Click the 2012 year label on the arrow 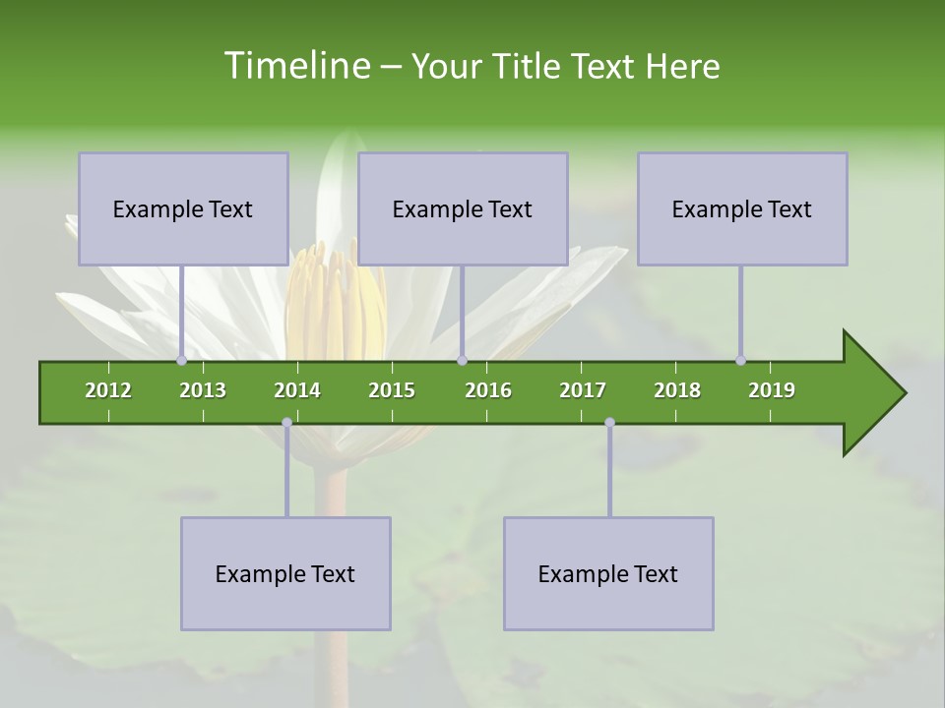(x=108, y=390)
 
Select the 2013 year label (x=203, y=390)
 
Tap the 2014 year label (x=297, y=390)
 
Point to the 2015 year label (x=392, y=390)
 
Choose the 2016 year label (x=488, y=390)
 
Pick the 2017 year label (x=583, y=390)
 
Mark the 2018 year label (x=677, y=390)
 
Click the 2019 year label (x=772, y=390)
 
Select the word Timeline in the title (x=294, y=66)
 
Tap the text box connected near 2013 (x=183, y=208)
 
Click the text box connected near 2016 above (x=463, y=208)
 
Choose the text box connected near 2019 (x=742, y=208)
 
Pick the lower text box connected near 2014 (x=285, y=573)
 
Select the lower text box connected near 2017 (x=608, y=573)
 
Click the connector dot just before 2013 (x=181, y=360)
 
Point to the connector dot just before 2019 (x=740, y=360)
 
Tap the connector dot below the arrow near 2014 (x=286, y=423)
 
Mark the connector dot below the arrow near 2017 (x=609, y=423)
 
